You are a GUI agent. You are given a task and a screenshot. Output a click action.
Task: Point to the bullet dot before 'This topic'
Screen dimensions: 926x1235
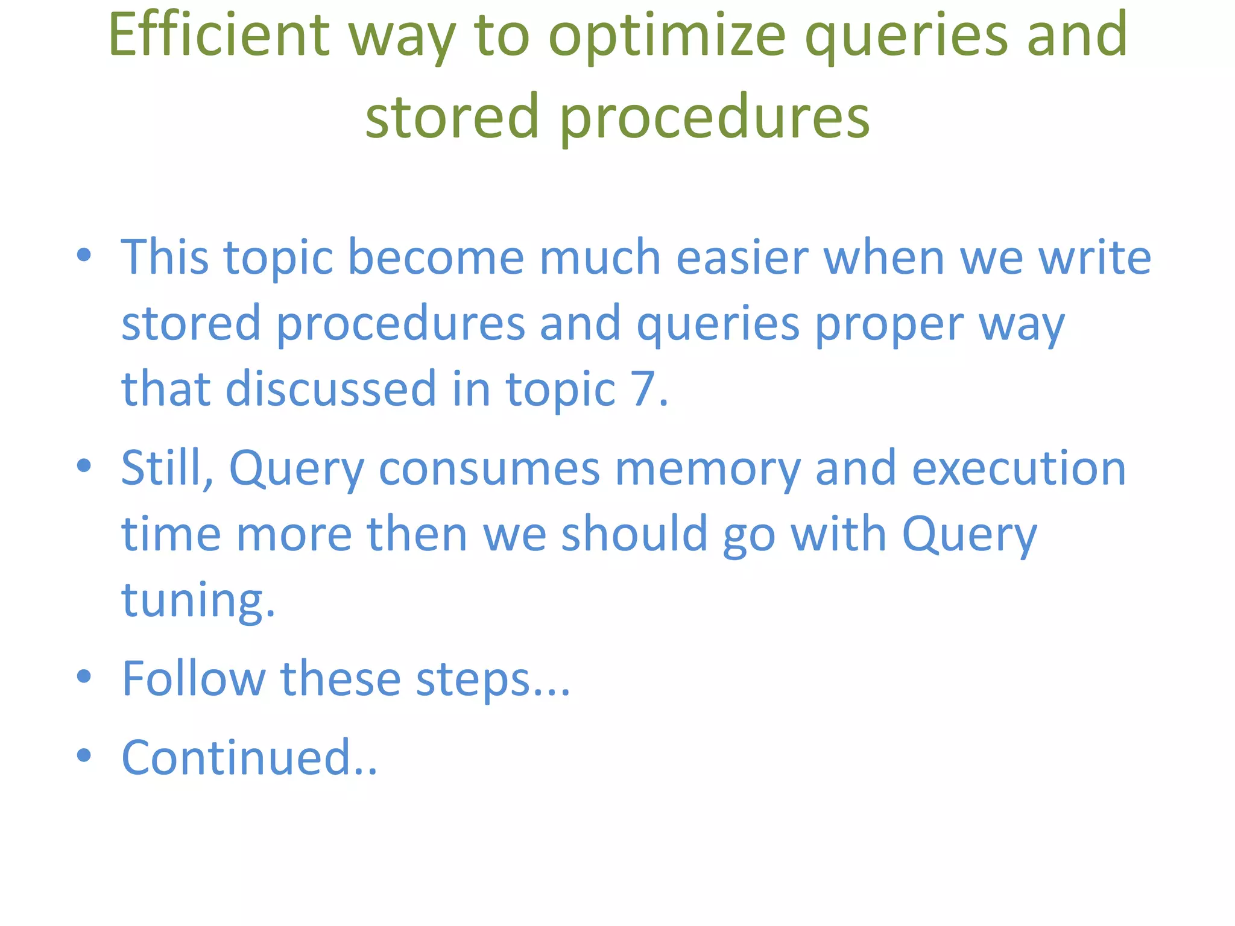[x=84, y=255]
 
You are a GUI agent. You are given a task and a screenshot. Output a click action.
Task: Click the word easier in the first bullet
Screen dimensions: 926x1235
[x=742, y=257]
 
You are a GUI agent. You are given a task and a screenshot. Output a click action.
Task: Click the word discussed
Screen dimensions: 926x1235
[x=330, y=389]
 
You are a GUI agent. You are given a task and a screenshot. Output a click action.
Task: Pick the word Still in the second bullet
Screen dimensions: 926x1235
[x=166, y=468]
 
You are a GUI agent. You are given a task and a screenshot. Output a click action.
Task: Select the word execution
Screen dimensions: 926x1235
[x=1019, y=468]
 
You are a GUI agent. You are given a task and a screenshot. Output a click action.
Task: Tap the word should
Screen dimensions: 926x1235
[x=634, y=534]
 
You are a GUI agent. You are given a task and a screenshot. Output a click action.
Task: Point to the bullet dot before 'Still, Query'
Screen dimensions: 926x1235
[x=84, y=466]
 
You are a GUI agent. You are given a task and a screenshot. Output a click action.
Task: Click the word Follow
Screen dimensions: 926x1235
[x=193, y=679]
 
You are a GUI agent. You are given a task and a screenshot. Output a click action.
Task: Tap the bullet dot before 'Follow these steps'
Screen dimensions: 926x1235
[x=84, y=676]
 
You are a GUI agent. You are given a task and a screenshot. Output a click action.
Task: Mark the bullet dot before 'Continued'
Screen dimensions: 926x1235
[x=84, y=755]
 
